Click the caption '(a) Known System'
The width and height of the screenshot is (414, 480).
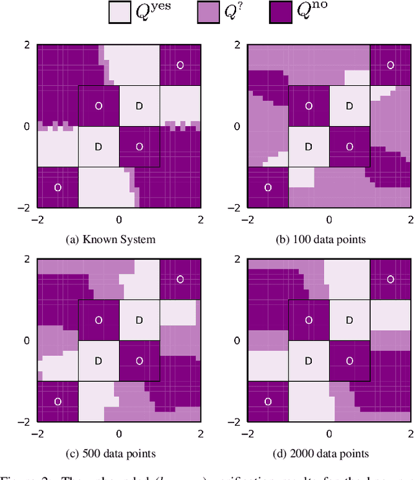coord(111,240)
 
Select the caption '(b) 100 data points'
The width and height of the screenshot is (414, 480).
coord(321,240)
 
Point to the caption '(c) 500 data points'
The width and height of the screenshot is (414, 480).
coord(111,453)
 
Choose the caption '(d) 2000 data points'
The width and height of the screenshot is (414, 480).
coord(321,453)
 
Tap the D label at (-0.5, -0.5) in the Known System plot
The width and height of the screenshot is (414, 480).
coord(98,147)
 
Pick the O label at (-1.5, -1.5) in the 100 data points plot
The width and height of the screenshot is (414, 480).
coord(268,187)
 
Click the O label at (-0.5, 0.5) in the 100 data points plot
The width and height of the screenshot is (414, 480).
coord(309,105)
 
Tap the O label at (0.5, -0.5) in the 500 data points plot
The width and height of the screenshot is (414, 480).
coord(139,360)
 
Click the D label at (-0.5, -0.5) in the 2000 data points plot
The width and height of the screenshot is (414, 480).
coord(309,360)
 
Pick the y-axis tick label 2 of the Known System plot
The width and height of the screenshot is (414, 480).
coord(27,45)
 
